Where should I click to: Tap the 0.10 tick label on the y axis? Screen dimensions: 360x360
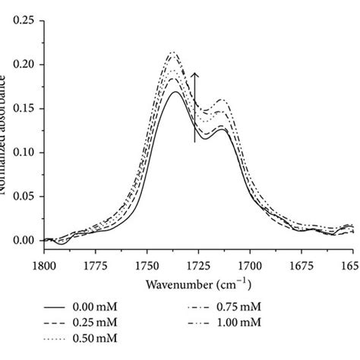pyautogui.click(x=24, y=151)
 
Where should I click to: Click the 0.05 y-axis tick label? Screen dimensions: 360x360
pyautogui.click(x=24, y=196)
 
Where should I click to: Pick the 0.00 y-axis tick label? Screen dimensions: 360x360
pyautogui.click(x=24, y=240)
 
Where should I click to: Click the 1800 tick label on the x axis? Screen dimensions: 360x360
pyautogui.click(x=43, y=265)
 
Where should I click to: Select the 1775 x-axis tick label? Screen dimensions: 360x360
pyautogui.click(x=95, y=265)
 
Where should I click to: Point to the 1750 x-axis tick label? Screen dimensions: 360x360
pyautogui.click(x=147, y=265)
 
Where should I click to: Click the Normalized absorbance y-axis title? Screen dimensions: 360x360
pyautogui.click(x=8, y=130)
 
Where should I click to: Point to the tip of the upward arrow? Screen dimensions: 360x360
pyautogui.click(x=195, y=73)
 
